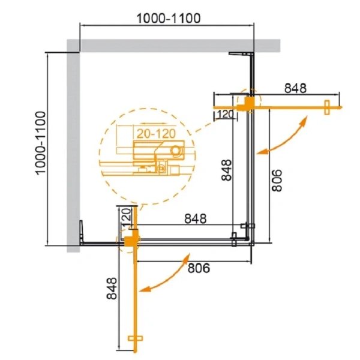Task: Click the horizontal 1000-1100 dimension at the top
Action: (167, 17)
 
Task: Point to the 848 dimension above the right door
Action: (295, 88)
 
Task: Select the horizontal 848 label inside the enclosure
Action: (195, 219)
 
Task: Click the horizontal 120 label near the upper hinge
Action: (224, 114)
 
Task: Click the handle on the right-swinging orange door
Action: (327, 108)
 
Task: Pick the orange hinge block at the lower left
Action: (130, 239)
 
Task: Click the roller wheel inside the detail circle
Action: (176, 150)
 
